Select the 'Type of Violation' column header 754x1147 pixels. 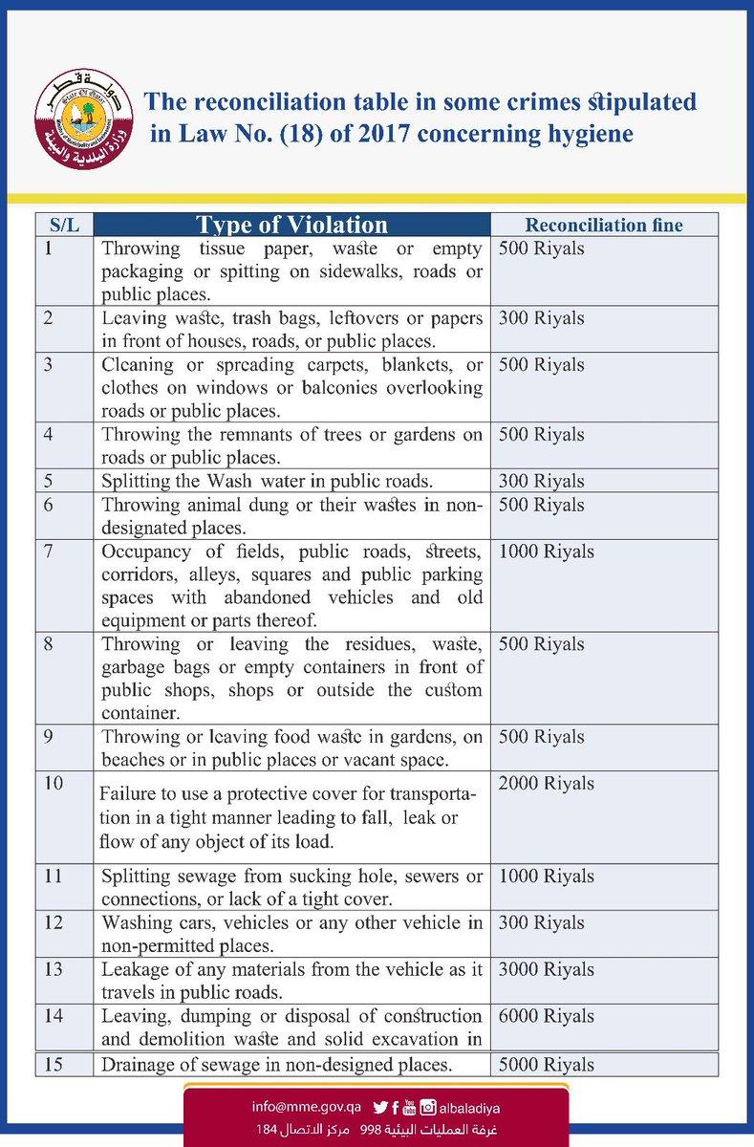pyautogui.click(x=291, y=225)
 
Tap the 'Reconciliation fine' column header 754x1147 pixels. pyautogui.click(x=604, y=226)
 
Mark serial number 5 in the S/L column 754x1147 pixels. pyautogui.click(x=48, y=481)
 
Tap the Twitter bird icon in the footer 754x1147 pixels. pyautogui.click(x=379, y=1107)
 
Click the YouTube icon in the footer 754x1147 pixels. pyautogui.click(x=411, y=1107)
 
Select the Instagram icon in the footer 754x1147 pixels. pyautogui.click(x=429, y=1107)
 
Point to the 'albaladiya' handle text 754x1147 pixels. pyautogui.click(x=470, y=1107)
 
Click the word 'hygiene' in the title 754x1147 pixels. pyautogui.click(x=592, y=134)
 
